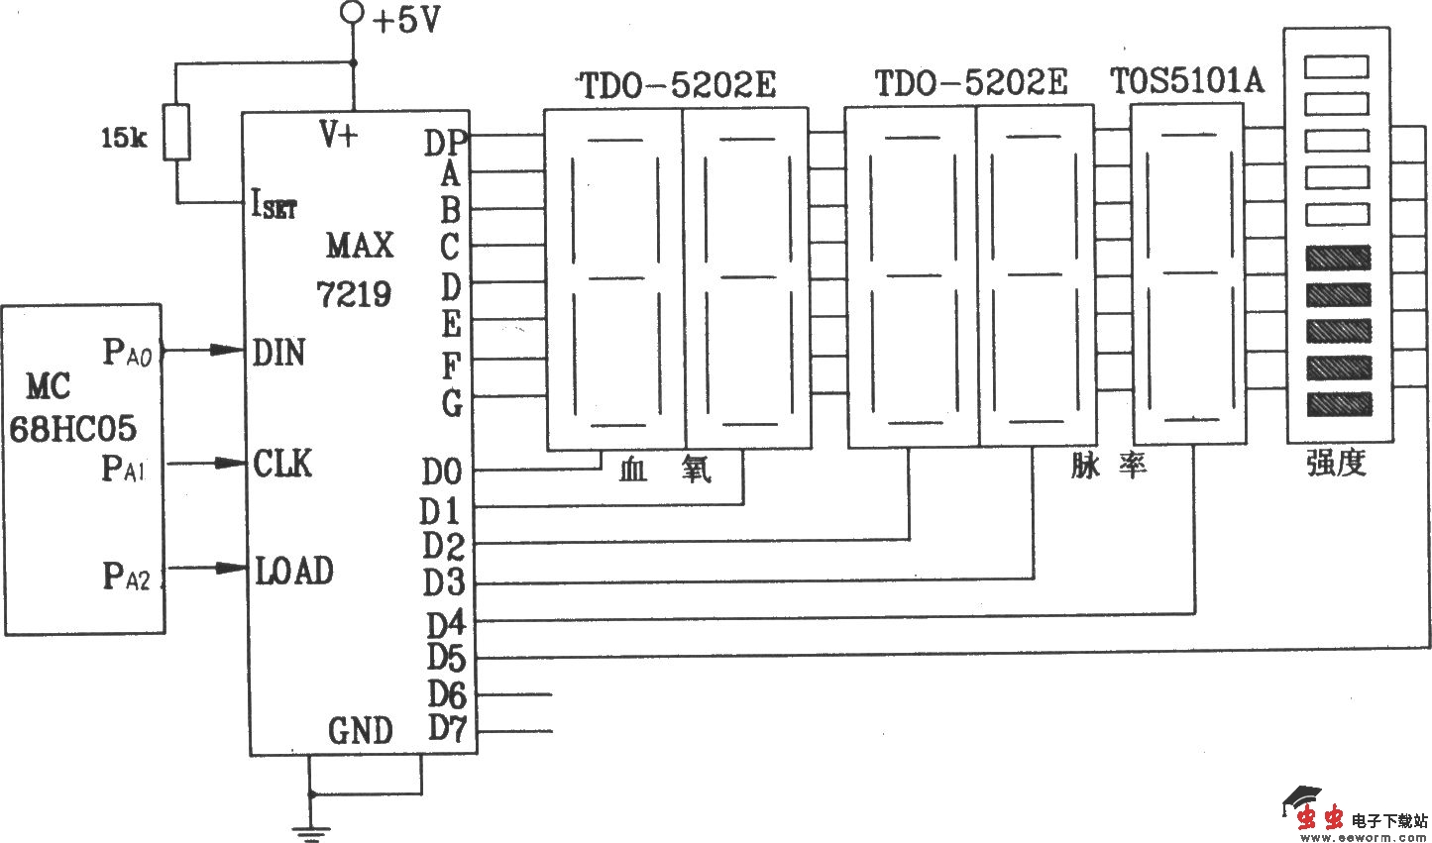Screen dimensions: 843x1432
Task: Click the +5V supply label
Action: [x=407, y=21]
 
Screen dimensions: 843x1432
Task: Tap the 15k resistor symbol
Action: [x=176, y=131]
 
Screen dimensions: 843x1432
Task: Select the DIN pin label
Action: [x=278, y=352]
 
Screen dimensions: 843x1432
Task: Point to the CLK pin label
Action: [x=282, y=463]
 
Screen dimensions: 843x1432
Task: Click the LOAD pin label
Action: [x=294, y=571]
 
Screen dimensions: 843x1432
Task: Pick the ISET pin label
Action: [x=274, y=206]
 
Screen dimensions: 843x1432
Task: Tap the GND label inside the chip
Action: [x=361, y=731]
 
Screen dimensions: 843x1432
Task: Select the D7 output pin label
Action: [x=446, y=730]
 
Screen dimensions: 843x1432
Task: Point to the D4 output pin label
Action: [x=445, y=623]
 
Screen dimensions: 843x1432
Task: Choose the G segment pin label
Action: [x=451, y=402]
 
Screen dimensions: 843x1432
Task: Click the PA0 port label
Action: [x=127, y=352]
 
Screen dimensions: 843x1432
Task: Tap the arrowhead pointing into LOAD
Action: [x=234, y=568]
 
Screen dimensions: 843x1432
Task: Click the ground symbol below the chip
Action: [x=311, y=831]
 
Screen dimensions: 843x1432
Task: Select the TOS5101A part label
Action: [x=1187, y=81]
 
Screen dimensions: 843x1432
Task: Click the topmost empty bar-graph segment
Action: [x=1336, y=66]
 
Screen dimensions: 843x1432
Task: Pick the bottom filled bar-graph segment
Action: [x=1338, y=403]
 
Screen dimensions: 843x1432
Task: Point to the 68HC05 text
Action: [x=73, y=429]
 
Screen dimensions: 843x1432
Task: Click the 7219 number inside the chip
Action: [x=354, y=293]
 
